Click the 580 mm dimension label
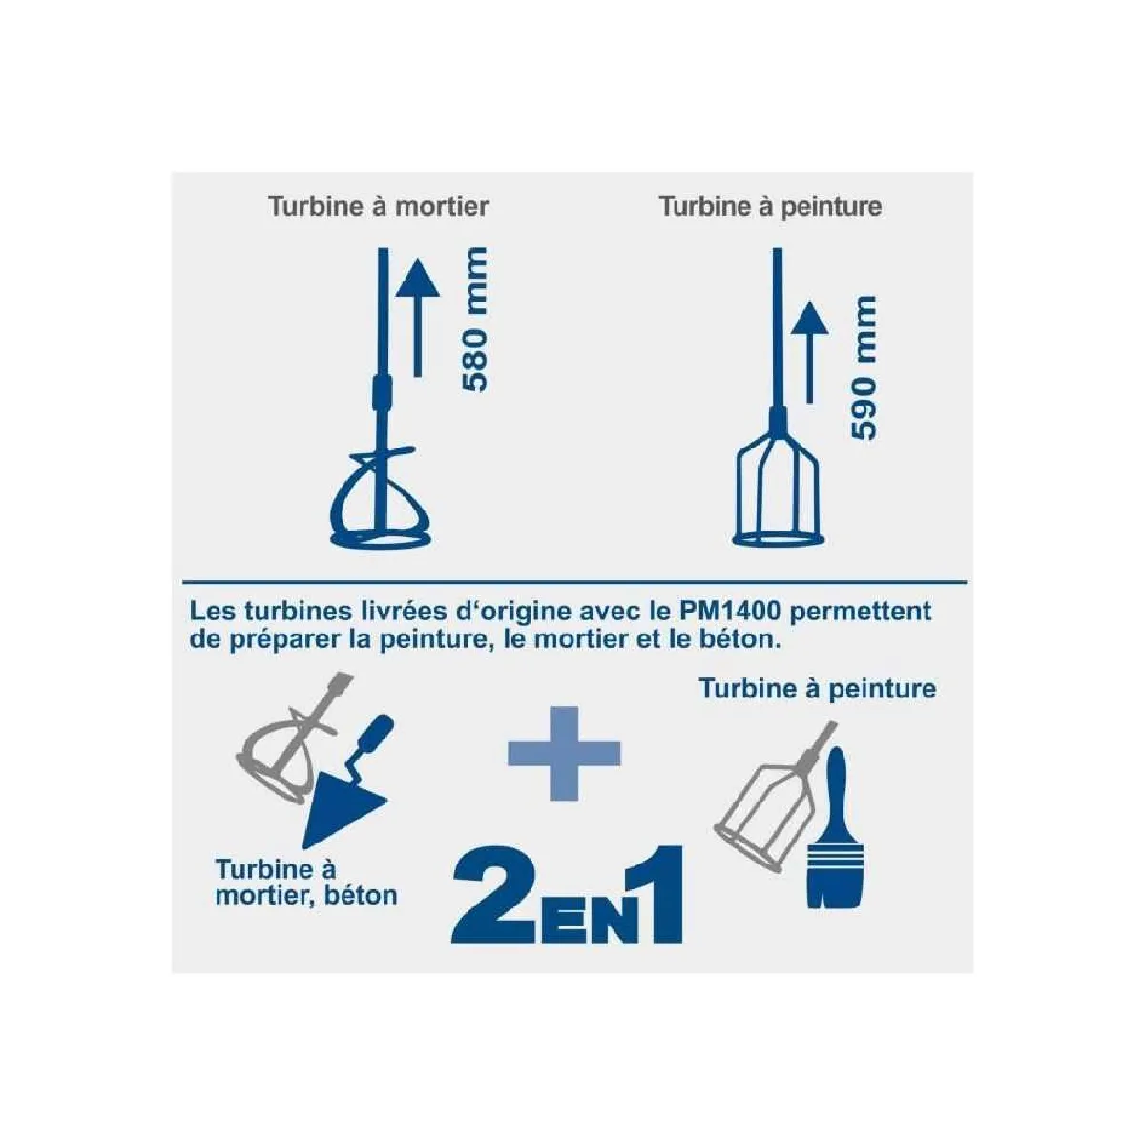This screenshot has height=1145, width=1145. click(475, 319)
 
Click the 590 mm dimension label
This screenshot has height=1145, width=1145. click(864, 367)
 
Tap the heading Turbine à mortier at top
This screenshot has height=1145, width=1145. click(379, 206)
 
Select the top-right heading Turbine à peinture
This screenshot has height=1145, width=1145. click(771, 207)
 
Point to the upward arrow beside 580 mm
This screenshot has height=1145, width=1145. click(418, 318)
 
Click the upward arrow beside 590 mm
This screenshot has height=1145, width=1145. click(809, 352)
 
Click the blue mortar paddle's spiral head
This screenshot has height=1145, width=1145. click(381, 498)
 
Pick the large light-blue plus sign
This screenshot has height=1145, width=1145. click(563, 754)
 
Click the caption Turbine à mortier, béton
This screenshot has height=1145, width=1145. click(306, 883)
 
